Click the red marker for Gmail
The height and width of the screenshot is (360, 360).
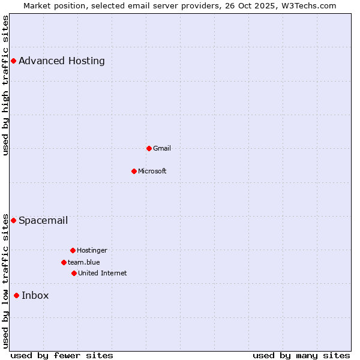pyautogui.click(x=149, y=148)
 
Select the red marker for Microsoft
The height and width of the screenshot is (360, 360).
pyautogui.click(x=134, y=171)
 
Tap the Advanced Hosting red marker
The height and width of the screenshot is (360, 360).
pyautogui.click(x=13, y=61)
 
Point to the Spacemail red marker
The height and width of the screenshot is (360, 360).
pyautogui.click(x=13, y=220)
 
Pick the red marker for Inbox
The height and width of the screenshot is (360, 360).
pyautogui.click(x=16, y=295)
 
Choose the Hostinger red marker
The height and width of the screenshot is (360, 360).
pyautogui.click(x=73, y=250)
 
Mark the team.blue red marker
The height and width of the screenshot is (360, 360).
pyautogui.click(x=64, y=262)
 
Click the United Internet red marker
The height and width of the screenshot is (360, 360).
pyautogui.click(x=74, y=273)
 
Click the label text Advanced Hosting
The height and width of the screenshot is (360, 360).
pyautogui.click(x=62, y=61)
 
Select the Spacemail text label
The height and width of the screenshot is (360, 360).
pyautogui.click(x=43, y=220)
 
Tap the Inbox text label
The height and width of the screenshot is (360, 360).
pyautogui.click(x=35, y=295)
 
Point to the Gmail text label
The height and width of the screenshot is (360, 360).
pyautogui.click(x=162, y=148)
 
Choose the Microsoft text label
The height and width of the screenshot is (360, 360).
pyautogui.click(x=152, y=171)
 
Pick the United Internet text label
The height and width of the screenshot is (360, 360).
pyautogui.click(x=103, y=273)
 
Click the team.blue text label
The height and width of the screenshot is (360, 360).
pyautogui.click(x=84, y=262)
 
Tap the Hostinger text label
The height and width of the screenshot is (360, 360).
pyautogui.click(x=92, y=250)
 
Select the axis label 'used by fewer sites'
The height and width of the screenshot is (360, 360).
pyautogui.click(x=62, y=355)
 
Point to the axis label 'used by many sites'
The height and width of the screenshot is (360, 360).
pyautogui.click(x=301, y=355)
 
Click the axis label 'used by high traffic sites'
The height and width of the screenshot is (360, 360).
pyautogui.click(x=5, y=86)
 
